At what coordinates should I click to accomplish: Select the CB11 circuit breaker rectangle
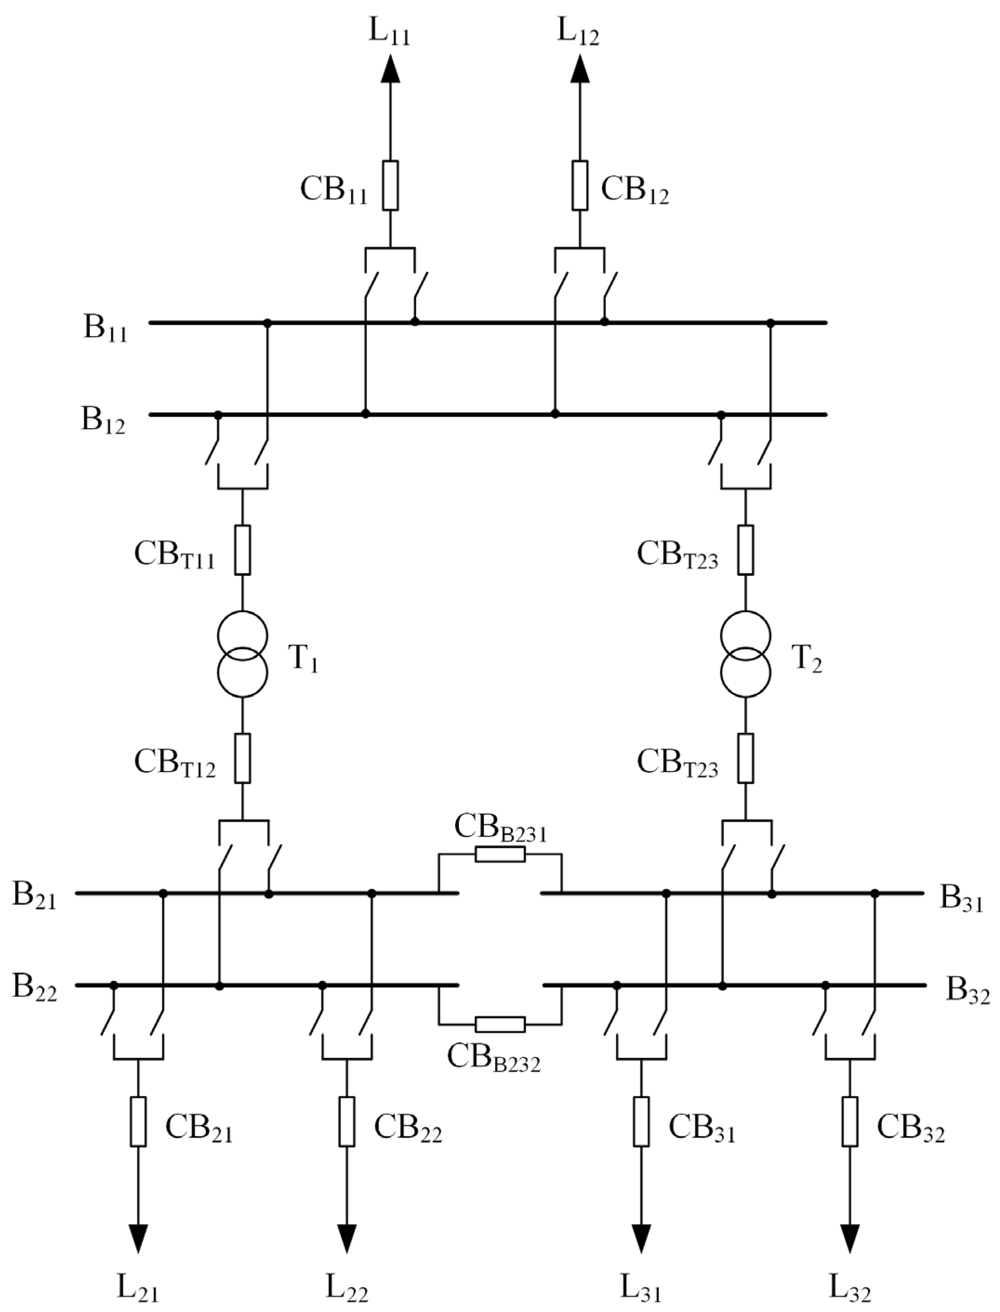click(391, 185)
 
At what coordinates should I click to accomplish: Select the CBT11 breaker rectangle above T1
click(242, 550)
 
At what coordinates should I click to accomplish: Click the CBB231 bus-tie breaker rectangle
click(500, 855)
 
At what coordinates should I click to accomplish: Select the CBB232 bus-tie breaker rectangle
click(500, 1024)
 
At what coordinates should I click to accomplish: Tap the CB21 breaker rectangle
click(138, 1122)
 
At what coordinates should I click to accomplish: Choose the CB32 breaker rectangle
click(850, 1122)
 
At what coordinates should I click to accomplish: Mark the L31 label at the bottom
click(641, 1288)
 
